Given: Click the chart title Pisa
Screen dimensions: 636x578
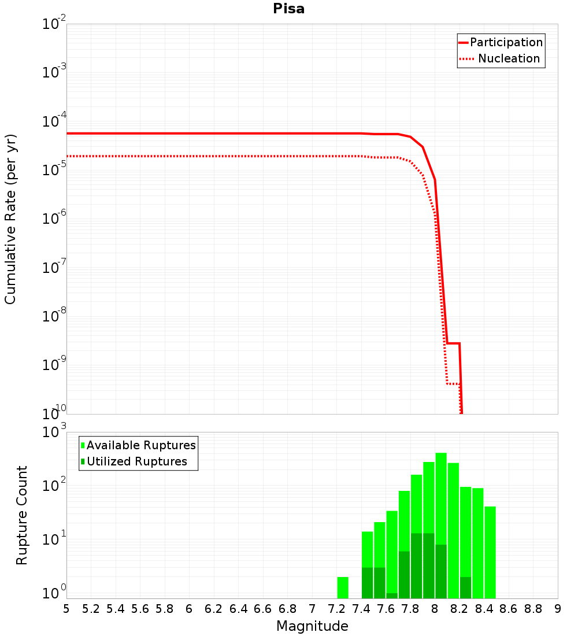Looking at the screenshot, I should coord(289,9).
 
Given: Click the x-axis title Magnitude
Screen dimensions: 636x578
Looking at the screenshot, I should coord(312,626).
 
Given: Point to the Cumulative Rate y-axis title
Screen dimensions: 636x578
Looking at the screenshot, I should coord(10,219).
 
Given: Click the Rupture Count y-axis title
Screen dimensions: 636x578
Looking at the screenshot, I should coord(22,515).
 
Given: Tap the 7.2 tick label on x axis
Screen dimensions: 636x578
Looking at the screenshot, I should coord(337,609).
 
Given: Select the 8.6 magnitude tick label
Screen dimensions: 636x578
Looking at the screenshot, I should coord(509,609).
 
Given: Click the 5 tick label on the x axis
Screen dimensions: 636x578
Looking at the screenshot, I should coord(66,609).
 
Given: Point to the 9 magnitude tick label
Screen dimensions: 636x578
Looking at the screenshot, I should coord(558,609).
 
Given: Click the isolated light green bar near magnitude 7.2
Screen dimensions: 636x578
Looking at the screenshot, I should coord(343,587).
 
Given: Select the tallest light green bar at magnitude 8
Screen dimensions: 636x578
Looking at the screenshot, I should coord(441,497).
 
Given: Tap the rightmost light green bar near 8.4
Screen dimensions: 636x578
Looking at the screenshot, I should coord(490,552).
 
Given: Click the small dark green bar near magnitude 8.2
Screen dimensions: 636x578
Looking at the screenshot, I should coord(466,587).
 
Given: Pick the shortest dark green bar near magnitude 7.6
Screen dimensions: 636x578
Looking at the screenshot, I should coord(392,596).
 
